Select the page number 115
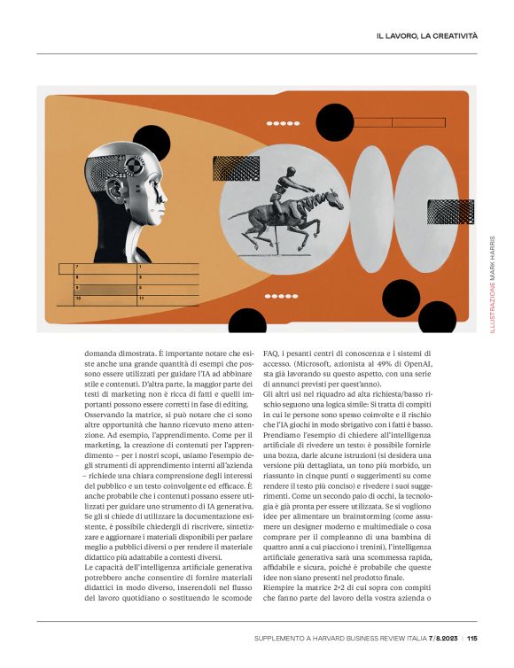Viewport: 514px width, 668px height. [x=472, y=638]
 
